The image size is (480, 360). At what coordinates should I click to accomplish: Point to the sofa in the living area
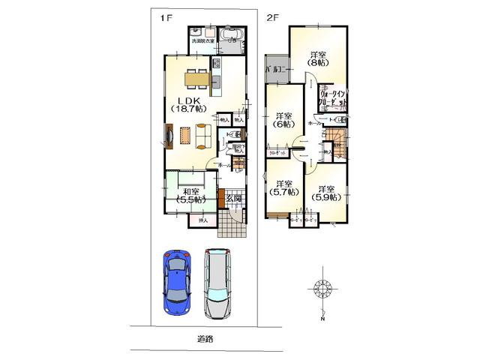pos(203,135)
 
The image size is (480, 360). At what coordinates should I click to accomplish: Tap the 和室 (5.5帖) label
pos(190,195)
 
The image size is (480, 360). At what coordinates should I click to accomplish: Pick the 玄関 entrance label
pos(233,198)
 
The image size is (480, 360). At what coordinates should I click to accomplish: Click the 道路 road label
pos(206,338)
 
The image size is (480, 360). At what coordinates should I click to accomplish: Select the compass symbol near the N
pos(322,289)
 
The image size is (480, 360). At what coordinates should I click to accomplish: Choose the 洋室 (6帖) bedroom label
pos(282,121)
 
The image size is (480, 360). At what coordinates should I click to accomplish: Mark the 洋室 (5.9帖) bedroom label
pos(325,193)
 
